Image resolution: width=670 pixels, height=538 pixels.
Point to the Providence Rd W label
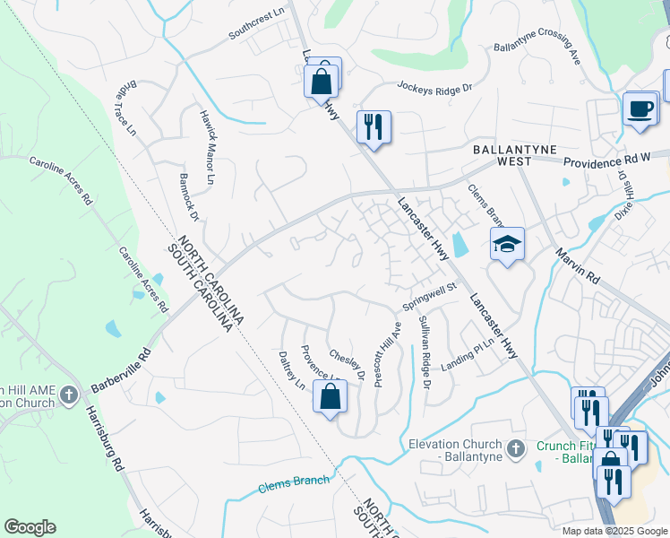606,159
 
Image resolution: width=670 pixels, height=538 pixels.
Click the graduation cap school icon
506,244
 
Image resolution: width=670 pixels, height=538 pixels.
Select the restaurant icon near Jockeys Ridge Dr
374,126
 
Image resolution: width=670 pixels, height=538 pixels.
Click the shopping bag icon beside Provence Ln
330,396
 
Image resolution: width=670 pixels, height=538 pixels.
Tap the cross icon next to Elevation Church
514,447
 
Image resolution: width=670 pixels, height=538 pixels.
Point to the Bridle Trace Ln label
126,108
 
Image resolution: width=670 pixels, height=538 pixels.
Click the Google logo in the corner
30,527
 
